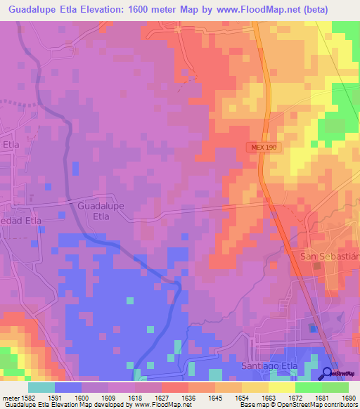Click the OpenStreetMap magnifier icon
[328, 373]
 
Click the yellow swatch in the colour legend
[282, 387]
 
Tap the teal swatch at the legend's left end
[41, 387]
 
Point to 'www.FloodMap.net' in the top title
[249, 9]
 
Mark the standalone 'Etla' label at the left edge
[11, 145]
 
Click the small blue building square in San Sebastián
[312, 327]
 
